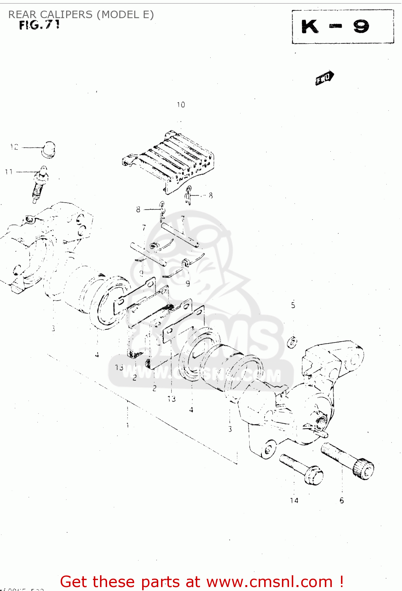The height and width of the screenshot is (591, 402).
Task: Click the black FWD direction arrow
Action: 324,78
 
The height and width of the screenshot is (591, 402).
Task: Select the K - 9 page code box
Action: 343,27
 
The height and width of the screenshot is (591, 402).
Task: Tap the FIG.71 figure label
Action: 39,25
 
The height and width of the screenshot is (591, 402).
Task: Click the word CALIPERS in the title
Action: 66,15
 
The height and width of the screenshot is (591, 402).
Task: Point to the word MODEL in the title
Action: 118,15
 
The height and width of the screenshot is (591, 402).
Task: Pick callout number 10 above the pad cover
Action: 181,105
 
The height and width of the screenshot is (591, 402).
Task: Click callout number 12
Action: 14,147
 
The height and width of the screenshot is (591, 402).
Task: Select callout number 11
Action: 9,172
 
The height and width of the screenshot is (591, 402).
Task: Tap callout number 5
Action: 293,305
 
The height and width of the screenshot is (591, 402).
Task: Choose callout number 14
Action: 294,501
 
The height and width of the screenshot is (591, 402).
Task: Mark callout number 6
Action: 342,501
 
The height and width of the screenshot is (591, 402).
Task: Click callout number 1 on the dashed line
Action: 128,426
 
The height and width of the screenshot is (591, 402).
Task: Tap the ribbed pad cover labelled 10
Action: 169,162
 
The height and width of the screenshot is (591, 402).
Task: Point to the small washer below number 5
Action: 292,342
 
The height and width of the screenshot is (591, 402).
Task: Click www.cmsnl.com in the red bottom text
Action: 269,582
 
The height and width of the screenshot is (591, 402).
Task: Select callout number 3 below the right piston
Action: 230,429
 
